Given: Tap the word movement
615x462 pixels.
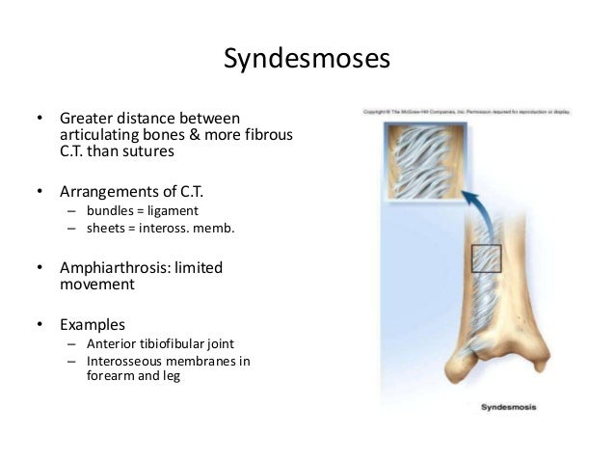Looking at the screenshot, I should [95, 285].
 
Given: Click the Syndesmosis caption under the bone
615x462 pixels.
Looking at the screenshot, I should [515, 407].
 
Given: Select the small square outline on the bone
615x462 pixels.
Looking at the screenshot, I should [486, 260].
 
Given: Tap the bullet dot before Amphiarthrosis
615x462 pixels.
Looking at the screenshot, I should [40, 267].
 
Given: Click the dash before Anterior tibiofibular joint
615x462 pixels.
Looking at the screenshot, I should [70, 344].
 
